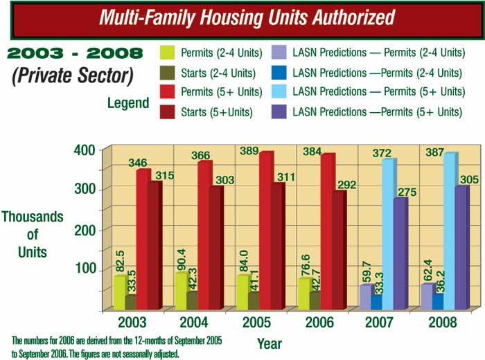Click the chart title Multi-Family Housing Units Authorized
[x=242, y=17]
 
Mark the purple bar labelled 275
[x=400, y=253]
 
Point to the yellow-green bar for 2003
[x=119, y=292]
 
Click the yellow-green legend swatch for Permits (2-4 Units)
[x=166, y=52]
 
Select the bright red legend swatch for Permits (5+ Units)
[x=166, y=91]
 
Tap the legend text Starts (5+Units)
[x=216, y=111]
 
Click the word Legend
[x=128, y=103]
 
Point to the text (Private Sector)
[x=73, y=75]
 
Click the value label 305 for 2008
[x=466, y=179]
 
